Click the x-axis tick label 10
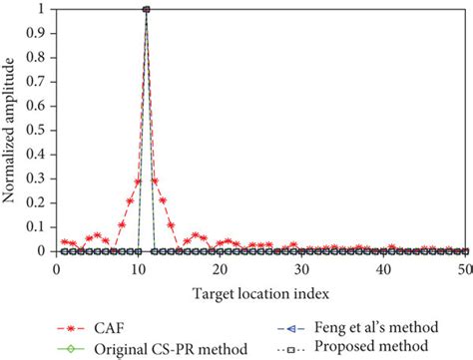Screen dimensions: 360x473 click(138, 268)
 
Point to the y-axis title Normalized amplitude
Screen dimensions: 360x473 click(10, 131)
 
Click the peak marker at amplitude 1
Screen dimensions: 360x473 click(147, 10)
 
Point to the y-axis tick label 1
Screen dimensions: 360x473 click(41, 10)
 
